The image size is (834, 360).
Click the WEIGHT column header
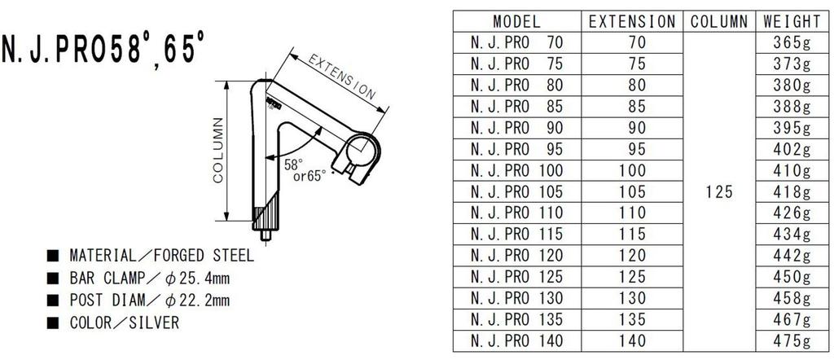pyautogui.click(x=792, y=21)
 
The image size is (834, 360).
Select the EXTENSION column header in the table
pyautogui.click(x=632, y=21)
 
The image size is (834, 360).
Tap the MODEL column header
pyautogui.click(x=516, y=21)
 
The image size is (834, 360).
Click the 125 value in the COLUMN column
pyautogui.click(x=719, y=191)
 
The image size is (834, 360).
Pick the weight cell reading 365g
pyautogui.click(x=792, y=42)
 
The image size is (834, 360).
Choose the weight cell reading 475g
pyautogui.click(x=792, y=340)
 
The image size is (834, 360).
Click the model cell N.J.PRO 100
pyautogui.click(x=516, y=170)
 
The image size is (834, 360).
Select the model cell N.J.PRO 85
pyautogui.click(x=516, y=107)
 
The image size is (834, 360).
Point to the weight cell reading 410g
pyautogui.click(x=792, y=170)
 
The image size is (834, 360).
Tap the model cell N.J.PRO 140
pyautogui.click(x=516, y=340)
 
